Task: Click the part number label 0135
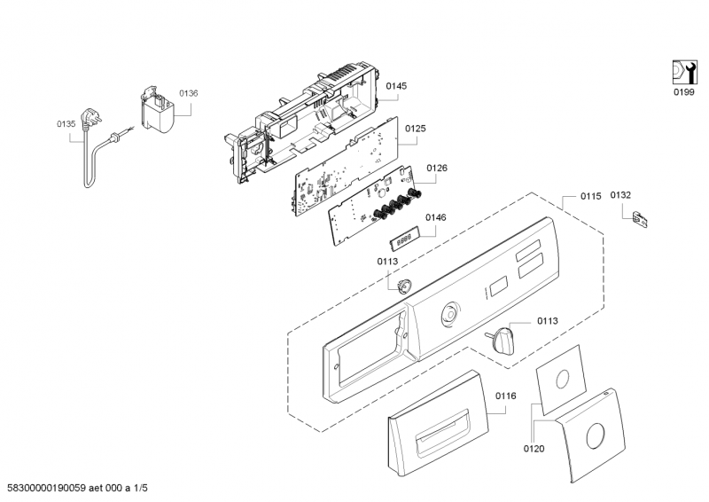[x=66, y=124]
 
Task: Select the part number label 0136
[x=189, y=93]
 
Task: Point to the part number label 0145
[x=396, y=86]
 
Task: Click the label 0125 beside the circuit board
[x=415, y=129]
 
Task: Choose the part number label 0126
[x=437, y=168]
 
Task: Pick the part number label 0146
[x=435, y=217]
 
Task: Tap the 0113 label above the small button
[x=387, y=261]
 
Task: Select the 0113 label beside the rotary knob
[x=547, y=321]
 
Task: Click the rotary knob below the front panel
[x=502, y=341]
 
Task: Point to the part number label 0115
[x=590, y=196]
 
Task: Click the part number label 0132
[x=620, y=195]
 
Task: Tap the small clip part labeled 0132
[x=640, y=219]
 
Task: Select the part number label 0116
[x=505, y=396]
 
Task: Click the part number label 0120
[x=534, y=449]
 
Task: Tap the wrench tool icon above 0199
[x=684, y=72]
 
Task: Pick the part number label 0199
[x=683, y=92]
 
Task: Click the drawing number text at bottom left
[x=77, y=488]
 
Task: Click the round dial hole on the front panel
[x=450, y=315]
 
